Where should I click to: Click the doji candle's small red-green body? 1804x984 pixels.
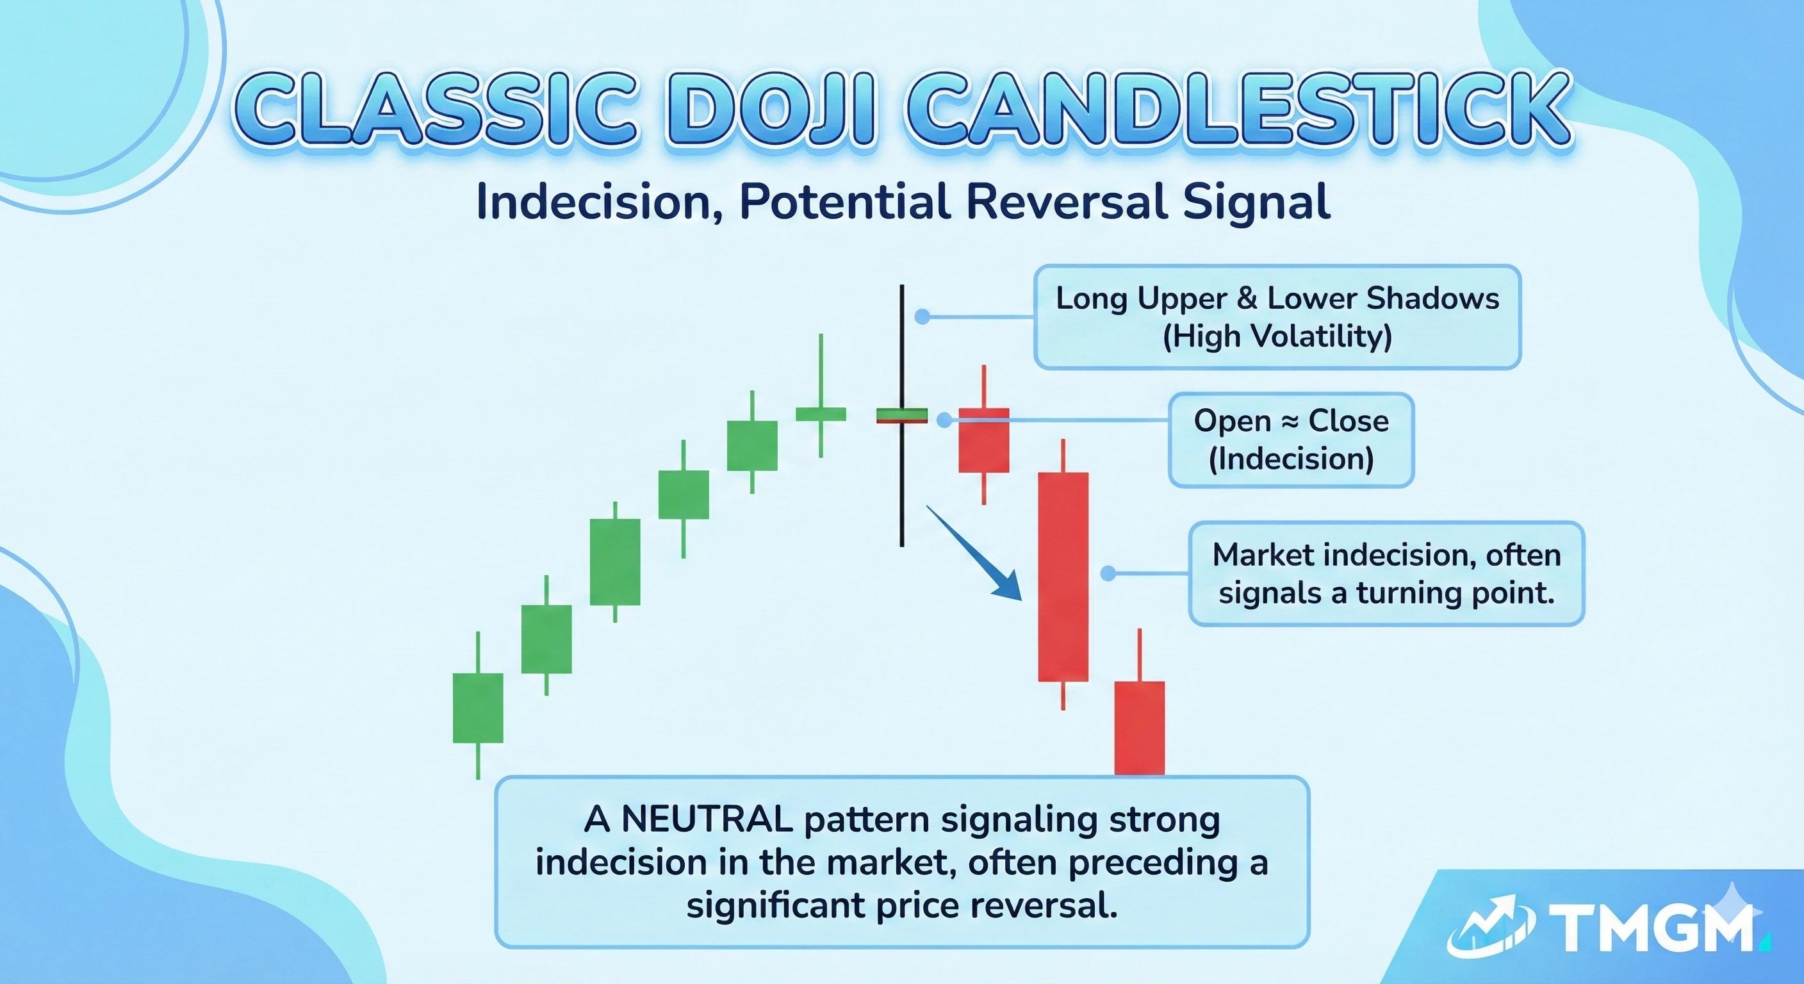[x=902, y=416]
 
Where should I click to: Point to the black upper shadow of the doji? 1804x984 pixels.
[x=902, y=343]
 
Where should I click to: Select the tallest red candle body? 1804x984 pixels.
[x=1063, y=577]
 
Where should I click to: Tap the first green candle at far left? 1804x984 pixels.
[x=478, y=707]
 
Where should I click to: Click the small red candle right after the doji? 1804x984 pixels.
[x=984, y=440]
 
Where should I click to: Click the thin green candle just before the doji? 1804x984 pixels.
[x=821, y=413]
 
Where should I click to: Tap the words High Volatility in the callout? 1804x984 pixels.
[x=1277, y=337]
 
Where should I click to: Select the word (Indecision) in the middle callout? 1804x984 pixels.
[x=1291, y=459]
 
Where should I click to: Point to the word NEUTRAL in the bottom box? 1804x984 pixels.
[x=707, y=819]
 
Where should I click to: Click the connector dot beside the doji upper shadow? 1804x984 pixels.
[x=922, y=316]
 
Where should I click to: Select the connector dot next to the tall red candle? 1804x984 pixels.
[x=1108, y=573]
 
